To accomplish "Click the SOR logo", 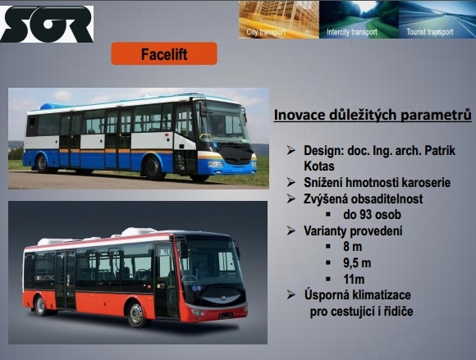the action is [47, 24].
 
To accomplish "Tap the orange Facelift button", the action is [164, 53].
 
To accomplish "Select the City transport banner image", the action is [279, 20].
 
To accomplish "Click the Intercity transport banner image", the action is [359, 20].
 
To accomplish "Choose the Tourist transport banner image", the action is [437, 20].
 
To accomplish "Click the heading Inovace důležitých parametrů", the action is [373, 115].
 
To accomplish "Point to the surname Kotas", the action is [318, 166].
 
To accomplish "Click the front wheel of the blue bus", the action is [153, 168].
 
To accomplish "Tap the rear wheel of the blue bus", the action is [42, 163].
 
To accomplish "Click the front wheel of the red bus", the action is [136, 314].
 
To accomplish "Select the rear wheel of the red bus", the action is [40, 306].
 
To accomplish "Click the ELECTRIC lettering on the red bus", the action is [44, 277].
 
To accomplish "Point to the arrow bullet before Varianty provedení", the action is [291, 230].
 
